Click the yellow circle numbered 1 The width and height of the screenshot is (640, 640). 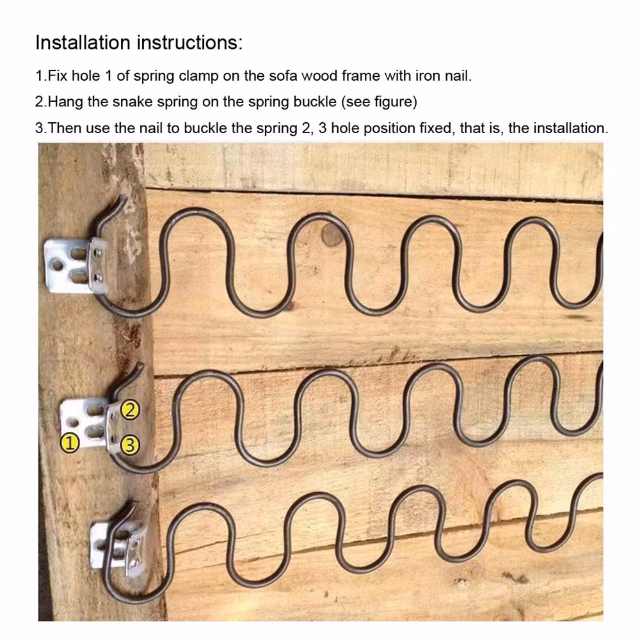[70, 444]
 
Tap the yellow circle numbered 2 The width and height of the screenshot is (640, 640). [130, 410]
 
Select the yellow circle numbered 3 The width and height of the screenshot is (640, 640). [130, 445]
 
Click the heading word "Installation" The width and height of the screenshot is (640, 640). [83, 42]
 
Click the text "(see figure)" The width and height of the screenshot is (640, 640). [379, 102]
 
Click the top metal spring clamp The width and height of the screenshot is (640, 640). [76, 266]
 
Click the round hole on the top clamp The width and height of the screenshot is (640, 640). [57, 266]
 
